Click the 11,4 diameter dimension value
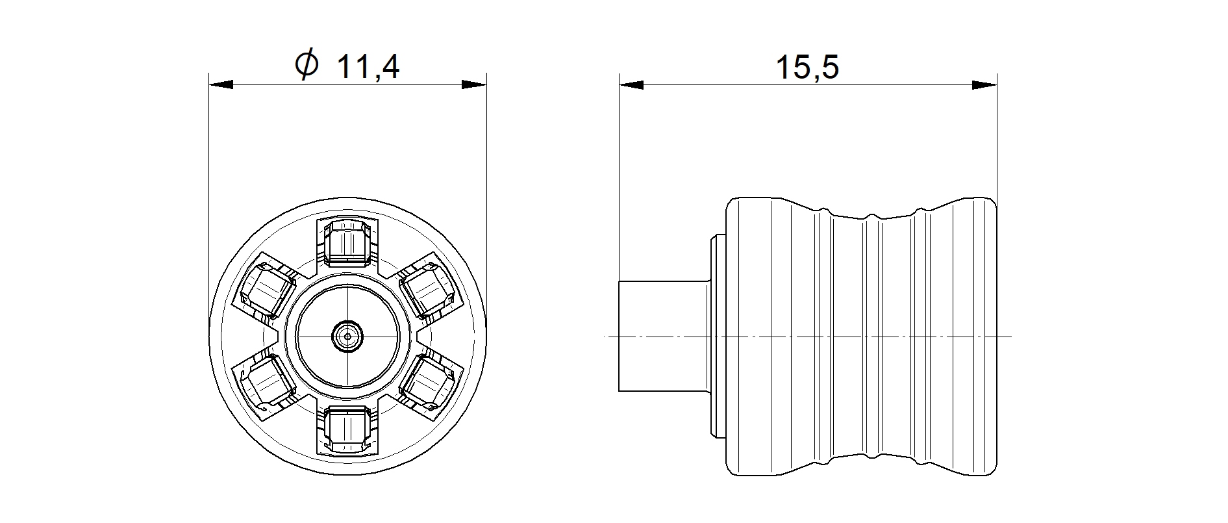368,66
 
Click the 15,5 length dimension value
808,67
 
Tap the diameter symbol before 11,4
306,65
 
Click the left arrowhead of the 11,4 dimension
221,85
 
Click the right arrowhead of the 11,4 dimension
474,85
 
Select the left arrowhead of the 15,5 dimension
631,85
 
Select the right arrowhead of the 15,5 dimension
984,85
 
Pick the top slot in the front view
347,244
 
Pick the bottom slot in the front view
347,429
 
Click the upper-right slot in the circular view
429,289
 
